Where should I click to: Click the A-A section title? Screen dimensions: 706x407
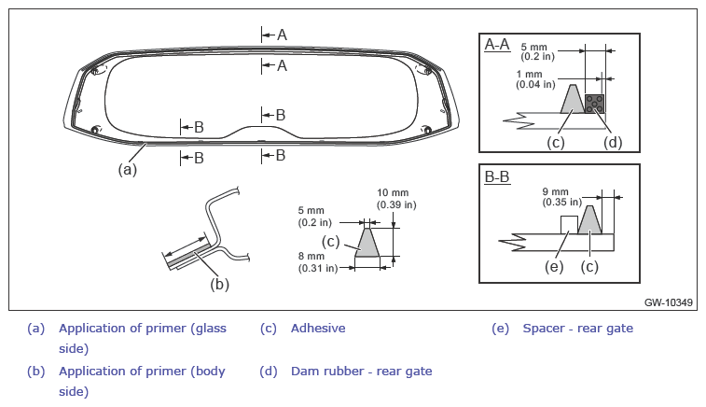click(x=497, y=45)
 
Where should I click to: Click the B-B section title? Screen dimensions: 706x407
click(x=497, y=176)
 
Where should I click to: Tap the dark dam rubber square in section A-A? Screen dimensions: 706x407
click(x=594, y=104)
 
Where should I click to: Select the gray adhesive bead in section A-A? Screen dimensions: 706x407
click(x=573, y=100)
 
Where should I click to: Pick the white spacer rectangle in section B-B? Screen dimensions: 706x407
click(x=569, y=225)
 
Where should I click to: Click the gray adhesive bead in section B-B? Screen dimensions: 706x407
click(x=589, y=221)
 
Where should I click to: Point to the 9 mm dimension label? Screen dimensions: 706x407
click(x=562, y=197)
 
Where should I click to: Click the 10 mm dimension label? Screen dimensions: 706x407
click(x=396, y=199)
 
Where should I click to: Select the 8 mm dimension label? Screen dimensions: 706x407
click(x=318, y=262)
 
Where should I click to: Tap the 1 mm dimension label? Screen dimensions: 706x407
click(x=536, y=78)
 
